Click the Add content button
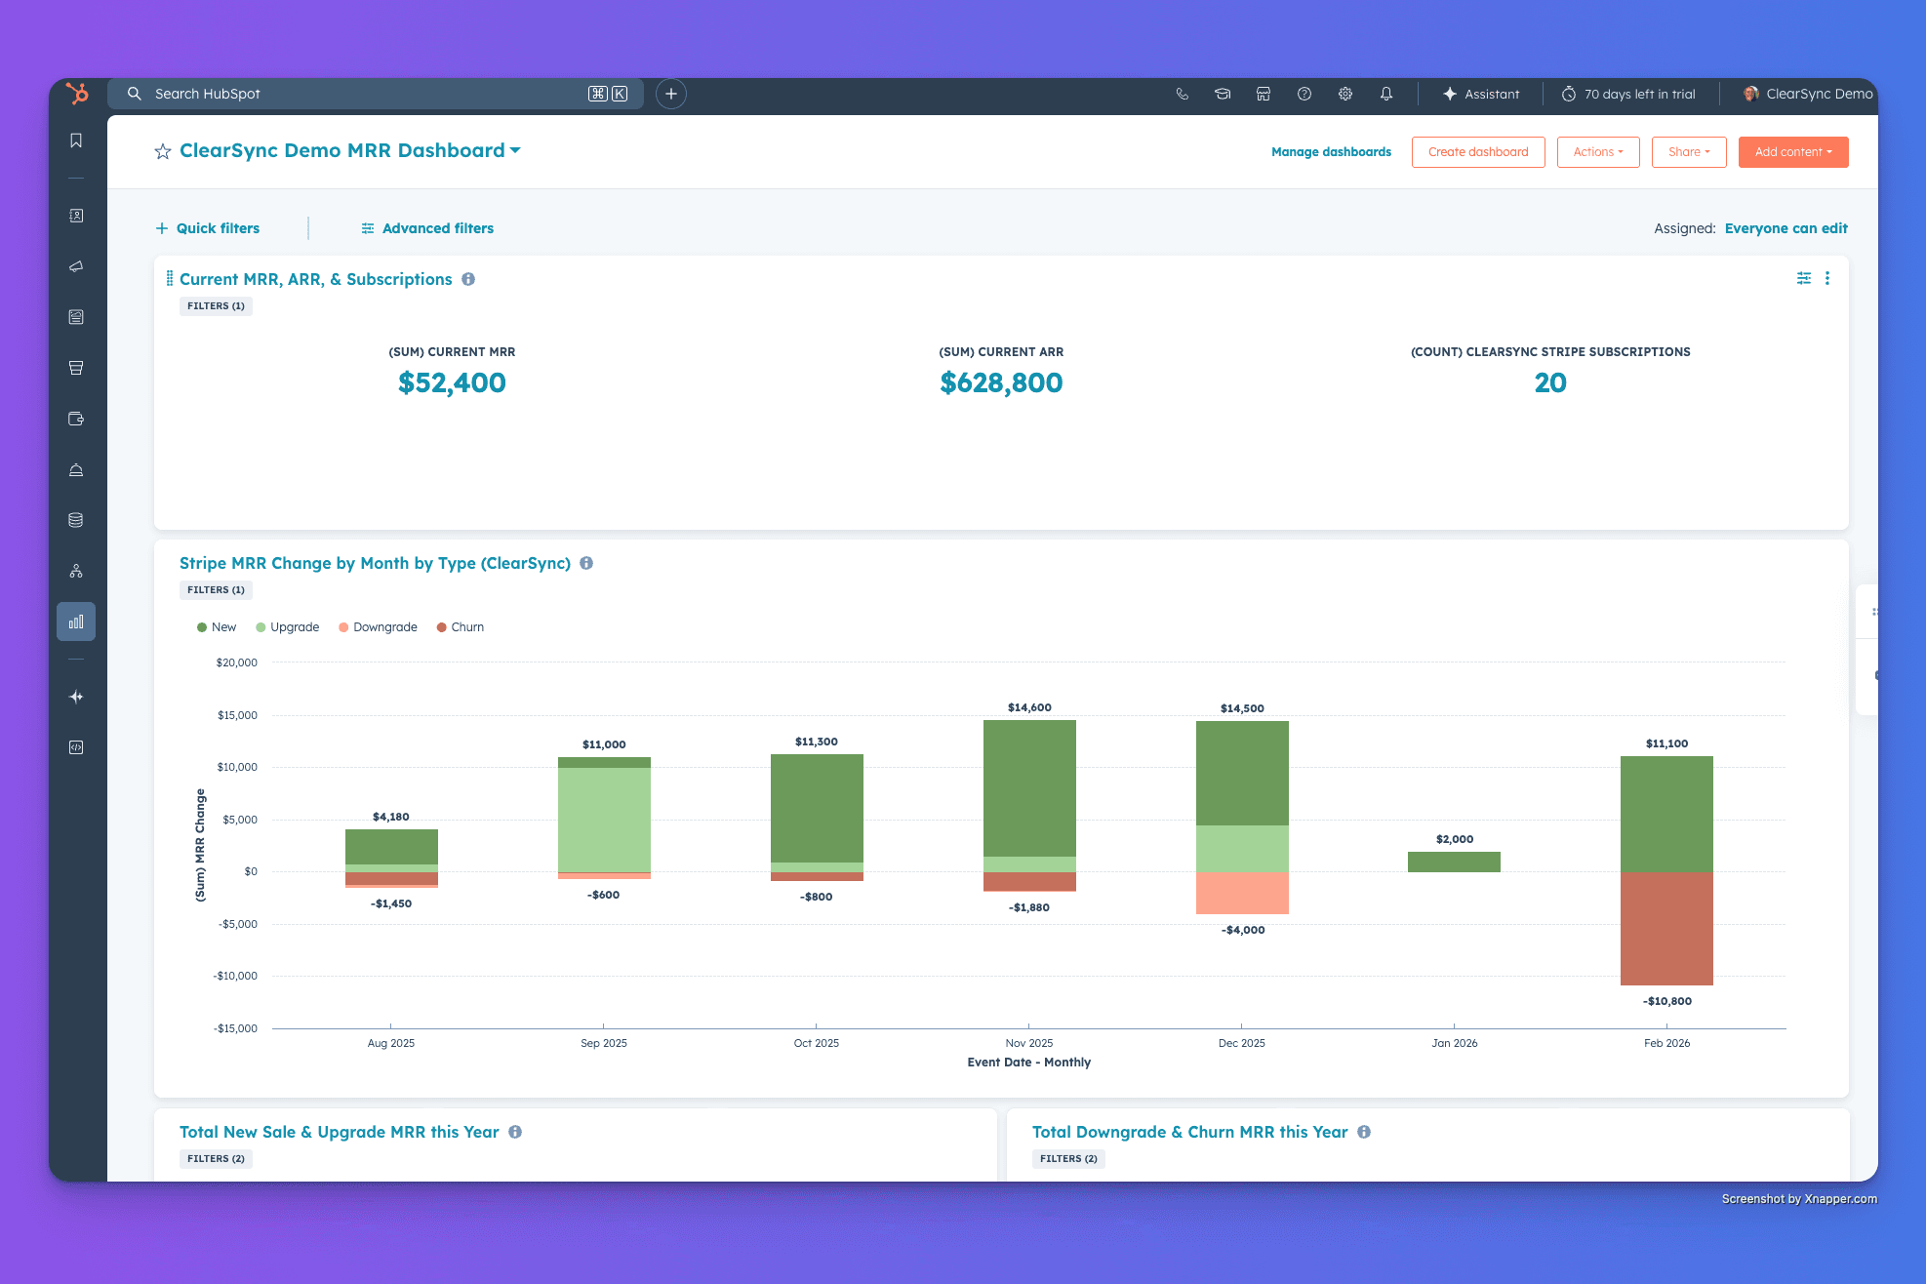[1792, 152]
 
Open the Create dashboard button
[1477, 152]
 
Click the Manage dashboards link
[1331, 152]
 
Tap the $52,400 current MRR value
[452, 382]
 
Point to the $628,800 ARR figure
[1001, 382]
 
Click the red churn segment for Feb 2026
[1666, 928]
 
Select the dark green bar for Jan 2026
[1454, 862]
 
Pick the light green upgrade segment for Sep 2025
[604, 820]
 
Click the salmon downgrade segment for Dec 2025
[1242, 893]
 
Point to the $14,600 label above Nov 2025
[1029, 707]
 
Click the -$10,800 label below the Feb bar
[1666, 1001]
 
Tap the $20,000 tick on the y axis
[237, 662]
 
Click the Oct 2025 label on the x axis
[816, 1043]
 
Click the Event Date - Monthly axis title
[1028, 1063]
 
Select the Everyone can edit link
[1786, 228]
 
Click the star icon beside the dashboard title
[163, 151]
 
